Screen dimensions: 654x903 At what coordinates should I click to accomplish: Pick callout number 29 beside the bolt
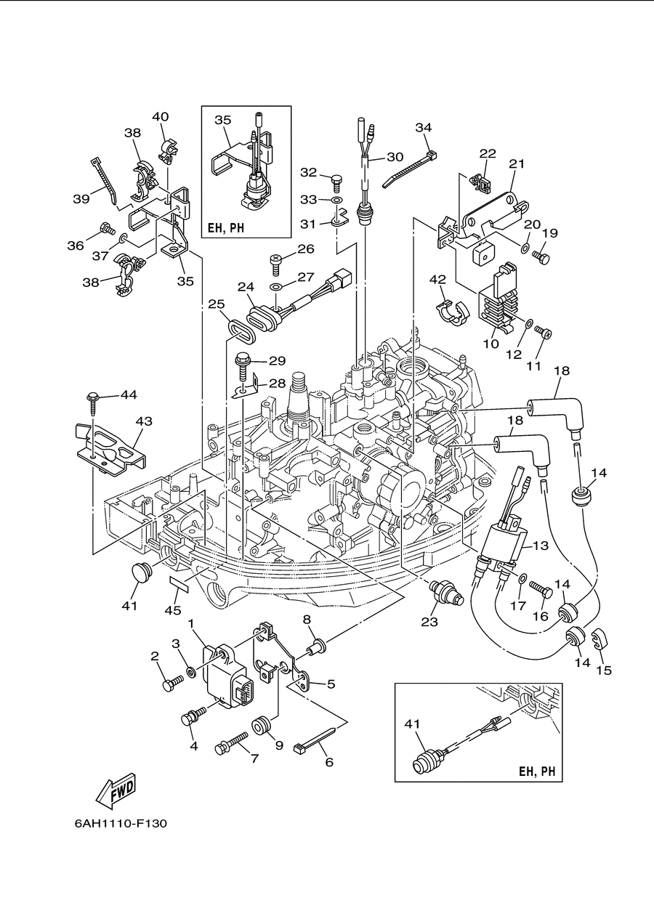click(x=277, y=360)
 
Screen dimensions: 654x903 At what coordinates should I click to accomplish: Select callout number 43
click(x=144, y=421)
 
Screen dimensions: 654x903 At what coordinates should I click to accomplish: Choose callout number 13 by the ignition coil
click(x=541, y=546)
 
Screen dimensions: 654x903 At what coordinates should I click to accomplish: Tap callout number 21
click(x=517, y=163)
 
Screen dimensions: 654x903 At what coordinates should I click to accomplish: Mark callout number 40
click(x=160, y=116)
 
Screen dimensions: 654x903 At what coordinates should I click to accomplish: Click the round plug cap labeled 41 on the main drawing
click(x=142, y=573)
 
